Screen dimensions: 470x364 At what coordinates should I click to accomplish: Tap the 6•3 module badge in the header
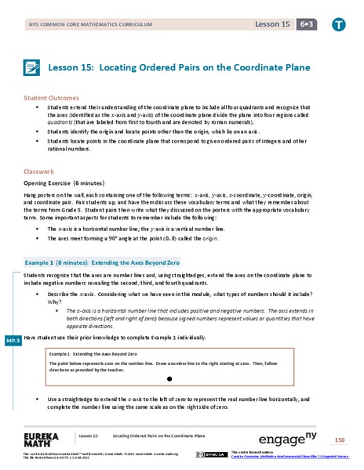click(x=305, y=25)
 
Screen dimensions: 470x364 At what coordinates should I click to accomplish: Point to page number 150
click(x=339, y=439)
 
